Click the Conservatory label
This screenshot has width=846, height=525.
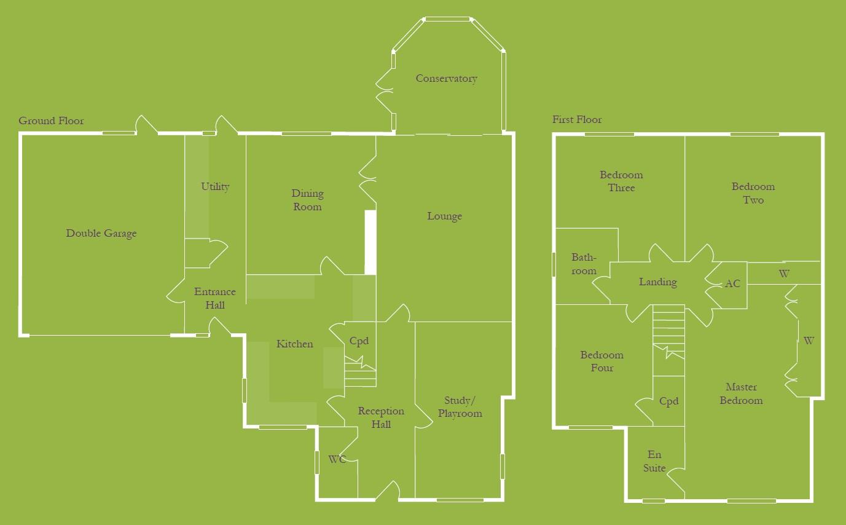click(446, 79)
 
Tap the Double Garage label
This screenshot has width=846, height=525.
click(101, 234)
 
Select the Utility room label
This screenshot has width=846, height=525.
click(215, 187)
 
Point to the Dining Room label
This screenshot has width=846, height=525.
click(307, 200)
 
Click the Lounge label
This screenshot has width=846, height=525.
click(444, 216)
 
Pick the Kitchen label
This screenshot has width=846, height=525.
click(294, 344)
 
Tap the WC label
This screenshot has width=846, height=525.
click(337, 459)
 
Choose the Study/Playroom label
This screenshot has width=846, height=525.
click(460, 408)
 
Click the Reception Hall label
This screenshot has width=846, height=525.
click(381, 417)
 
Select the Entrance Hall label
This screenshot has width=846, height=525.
click(214, 299)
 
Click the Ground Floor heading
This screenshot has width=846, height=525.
click(51, 121)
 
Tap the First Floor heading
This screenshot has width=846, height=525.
click(577, 120)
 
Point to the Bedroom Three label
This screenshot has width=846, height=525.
click(621, 181)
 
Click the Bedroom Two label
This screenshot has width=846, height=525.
click(753, 193)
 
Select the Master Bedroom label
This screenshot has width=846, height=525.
click(741, 393)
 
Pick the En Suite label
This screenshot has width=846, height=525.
click(654, 461)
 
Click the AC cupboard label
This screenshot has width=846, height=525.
click(732, 284)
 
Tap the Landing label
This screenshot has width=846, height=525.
click(657, 282)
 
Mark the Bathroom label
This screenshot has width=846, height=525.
click(583, 264)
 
